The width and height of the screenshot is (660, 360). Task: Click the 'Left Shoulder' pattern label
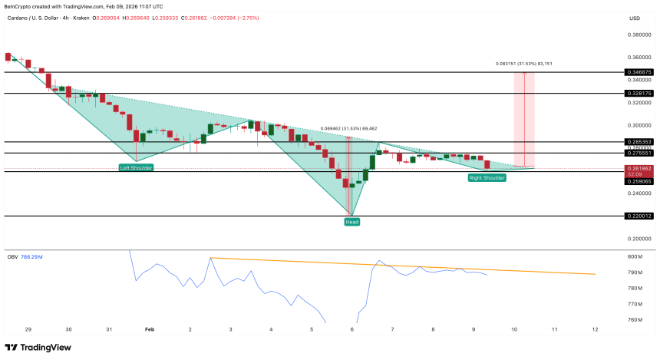(x=134, y=167)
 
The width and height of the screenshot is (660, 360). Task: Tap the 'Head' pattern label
(x=351, y=221)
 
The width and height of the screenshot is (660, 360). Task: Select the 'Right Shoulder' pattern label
(x=487, y=177)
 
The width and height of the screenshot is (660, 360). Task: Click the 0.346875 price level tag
(x=639, y=72)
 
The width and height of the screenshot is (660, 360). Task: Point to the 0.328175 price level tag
(x=639, y=93)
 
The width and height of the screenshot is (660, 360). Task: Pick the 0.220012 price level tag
(x=639, y=216)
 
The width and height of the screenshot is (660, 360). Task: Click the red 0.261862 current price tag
(x=639, y=168)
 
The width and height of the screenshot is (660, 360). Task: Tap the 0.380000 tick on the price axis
(x=639, y=35)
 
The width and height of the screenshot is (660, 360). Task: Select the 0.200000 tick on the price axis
(x=639, y=239)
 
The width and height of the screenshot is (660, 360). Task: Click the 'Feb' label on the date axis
(x=150, y=329)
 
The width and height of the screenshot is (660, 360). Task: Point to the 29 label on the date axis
(x=28, y=329)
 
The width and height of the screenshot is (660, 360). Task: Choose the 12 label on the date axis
(x=595, y=329)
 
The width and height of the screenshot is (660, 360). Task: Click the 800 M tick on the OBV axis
(x=635, y=256)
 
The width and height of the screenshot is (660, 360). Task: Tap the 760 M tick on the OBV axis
(x=635, y=320)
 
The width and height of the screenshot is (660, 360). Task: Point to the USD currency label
(x=635, y=18)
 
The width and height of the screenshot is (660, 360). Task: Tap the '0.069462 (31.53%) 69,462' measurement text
(x=348, y=129)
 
